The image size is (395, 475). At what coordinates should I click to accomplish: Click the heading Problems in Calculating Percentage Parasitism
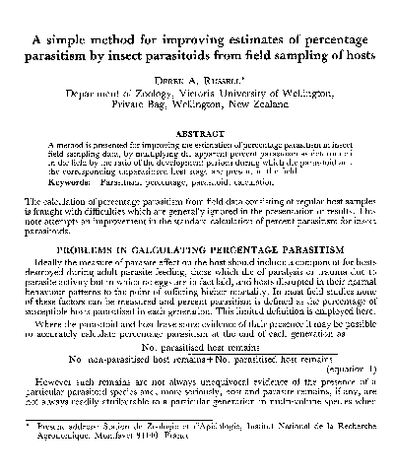tap(196, 251)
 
